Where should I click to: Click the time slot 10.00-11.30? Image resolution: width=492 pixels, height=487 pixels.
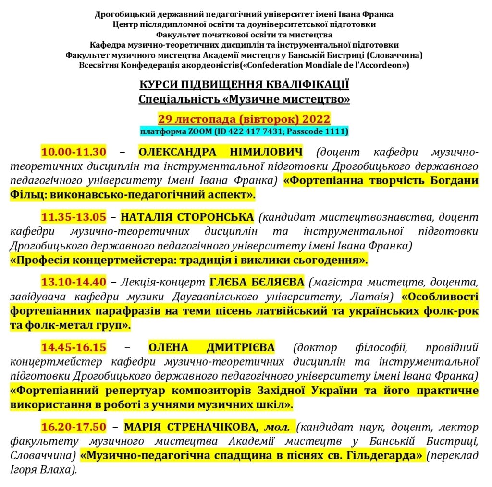tap(73, 153)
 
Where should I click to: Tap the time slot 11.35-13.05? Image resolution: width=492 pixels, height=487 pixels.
tap(73, 217)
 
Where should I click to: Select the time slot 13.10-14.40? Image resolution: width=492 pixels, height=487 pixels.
tap(73, 281)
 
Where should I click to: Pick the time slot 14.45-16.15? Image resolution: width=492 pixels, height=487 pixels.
tap(73, 347)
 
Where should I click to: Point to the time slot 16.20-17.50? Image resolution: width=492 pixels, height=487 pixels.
tap(73, 426)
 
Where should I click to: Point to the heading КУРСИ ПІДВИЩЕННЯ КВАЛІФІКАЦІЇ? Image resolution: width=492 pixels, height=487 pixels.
tap(244, 85)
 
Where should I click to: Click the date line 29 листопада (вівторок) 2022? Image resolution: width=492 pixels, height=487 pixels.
tap(244, 119)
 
